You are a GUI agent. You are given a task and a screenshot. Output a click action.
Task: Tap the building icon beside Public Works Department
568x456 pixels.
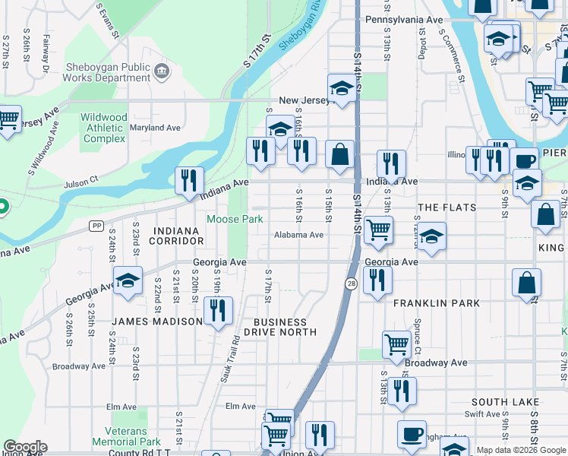pyautogui.click(x=161, y=71)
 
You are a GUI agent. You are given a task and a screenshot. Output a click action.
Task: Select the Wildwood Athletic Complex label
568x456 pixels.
pyautogui.click(x=105, y=128)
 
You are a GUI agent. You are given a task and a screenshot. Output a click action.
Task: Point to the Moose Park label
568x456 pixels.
pyautogui.click(x=235, y=220)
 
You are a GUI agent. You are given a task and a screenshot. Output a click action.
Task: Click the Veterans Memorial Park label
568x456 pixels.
pyautogui.click(x=126, y=436)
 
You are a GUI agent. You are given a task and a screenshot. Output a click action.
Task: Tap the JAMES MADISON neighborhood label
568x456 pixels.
pyautogui.click(x=157, y=321)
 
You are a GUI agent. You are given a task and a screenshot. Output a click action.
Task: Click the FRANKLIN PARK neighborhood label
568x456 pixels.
pyautogui.click(x=437, y=303)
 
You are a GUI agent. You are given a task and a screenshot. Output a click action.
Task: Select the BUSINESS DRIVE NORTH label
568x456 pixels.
pyautogui.click(x=280, y=327)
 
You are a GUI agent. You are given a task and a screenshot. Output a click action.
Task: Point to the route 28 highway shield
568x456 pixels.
pyautogui.click(x=351, y=283)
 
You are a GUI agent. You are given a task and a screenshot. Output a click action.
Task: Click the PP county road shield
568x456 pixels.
pyautogui.click(x=96, y=226)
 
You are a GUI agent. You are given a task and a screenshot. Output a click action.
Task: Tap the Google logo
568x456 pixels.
pyautogui.click(x=25, y=447)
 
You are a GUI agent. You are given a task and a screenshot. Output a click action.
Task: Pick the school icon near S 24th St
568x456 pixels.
pyautogui.click(x=128, y=280)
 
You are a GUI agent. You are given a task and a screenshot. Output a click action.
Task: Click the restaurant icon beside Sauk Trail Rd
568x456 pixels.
pyautogui.click(x=218, y=311)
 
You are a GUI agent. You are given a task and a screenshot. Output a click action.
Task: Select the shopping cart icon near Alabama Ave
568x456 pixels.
pyautogui.click(x=378, y=230)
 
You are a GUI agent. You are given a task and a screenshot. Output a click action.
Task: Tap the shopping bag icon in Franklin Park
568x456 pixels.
pyautogui.click(x=526, y=283)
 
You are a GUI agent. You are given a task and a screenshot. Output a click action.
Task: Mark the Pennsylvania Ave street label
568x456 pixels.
pyautogui.click(x=415, y=19)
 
